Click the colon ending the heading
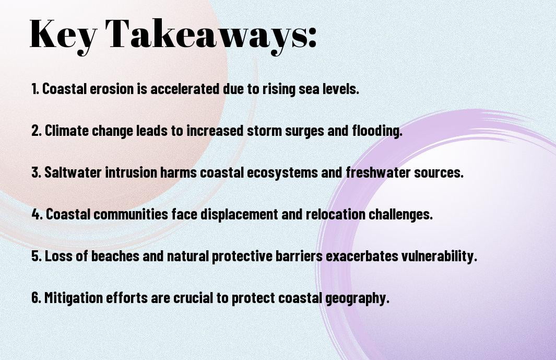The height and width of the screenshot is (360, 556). tap(312, 37)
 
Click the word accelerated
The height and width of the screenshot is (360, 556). tap(185, 89)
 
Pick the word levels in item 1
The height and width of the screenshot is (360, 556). tap(340, 89)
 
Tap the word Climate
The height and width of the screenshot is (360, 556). tap(67, 131)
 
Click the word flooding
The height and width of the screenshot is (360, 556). tap(377, 131)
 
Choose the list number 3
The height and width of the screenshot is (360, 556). tap(36, 172)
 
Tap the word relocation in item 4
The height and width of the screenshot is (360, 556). tap(336, 214)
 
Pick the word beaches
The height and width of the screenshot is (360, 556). tap(115, 256)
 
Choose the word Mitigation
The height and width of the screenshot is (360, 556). tap(74, 298)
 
